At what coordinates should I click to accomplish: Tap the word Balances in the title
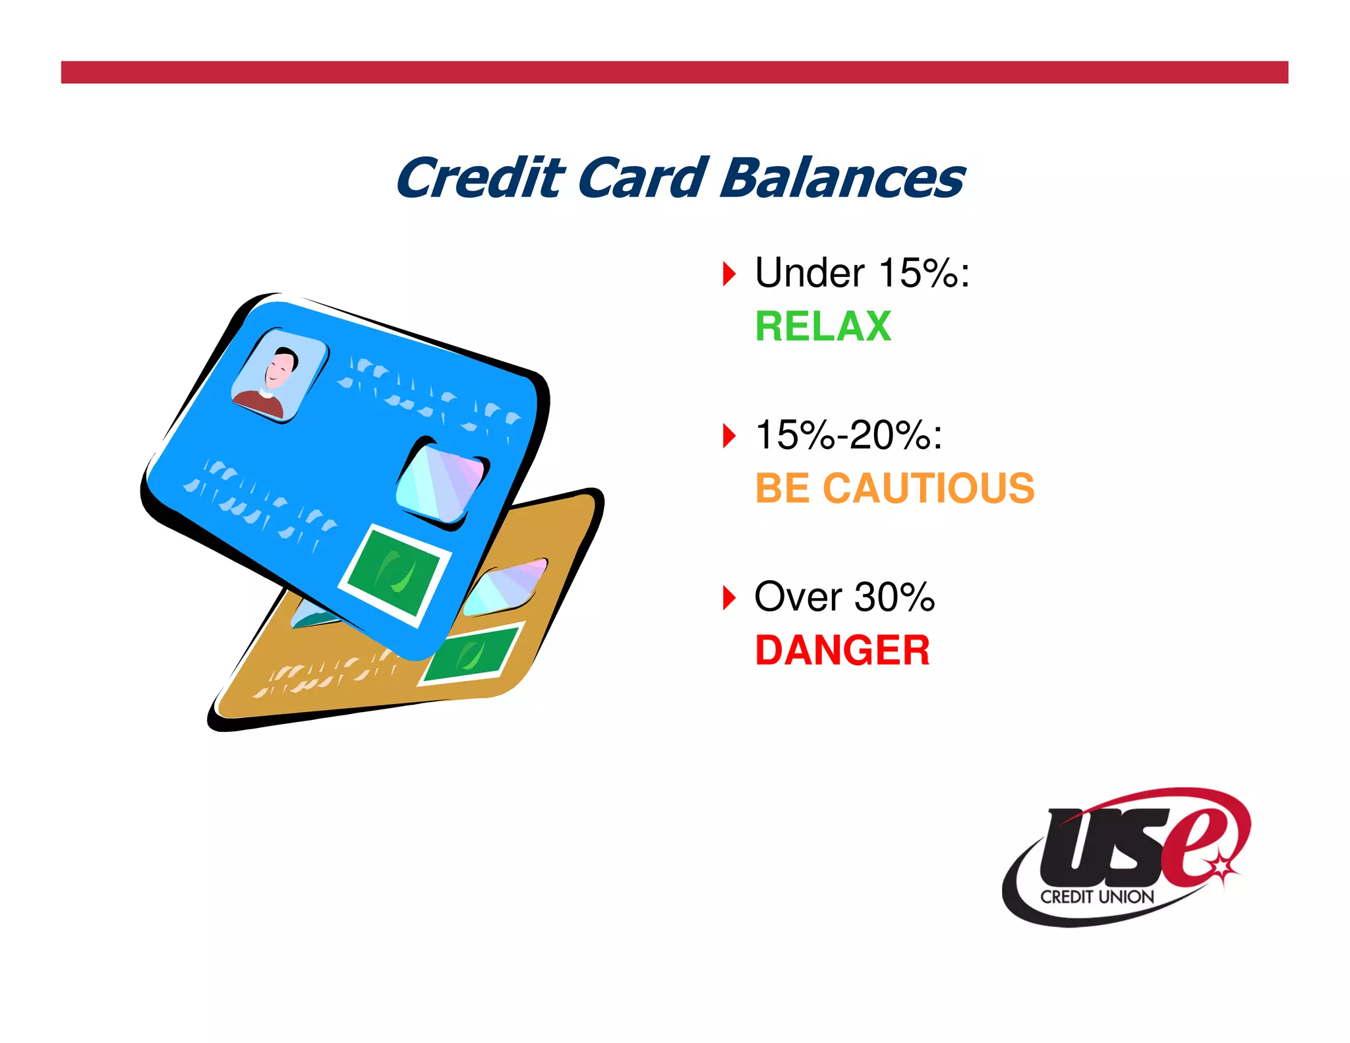842,179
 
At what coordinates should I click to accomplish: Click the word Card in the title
643,179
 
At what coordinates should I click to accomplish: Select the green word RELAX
823,326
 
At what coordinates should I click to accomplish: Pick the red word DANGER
842,651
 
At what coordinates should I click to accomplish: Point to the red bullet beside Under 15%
728,274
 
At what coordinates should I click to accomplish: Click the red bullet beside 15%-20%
728,436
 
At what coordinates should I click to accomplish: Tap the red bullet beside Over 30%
728,598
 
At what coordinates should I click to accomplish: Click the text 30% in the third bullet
894,597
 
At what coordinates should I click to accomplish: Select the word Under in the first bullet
809,273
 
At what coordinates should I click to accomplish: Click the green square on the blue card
395,574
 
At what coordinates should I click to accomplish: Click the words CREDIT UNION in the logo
1097,897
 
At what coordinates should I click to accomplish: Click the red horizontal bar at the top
674,73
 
